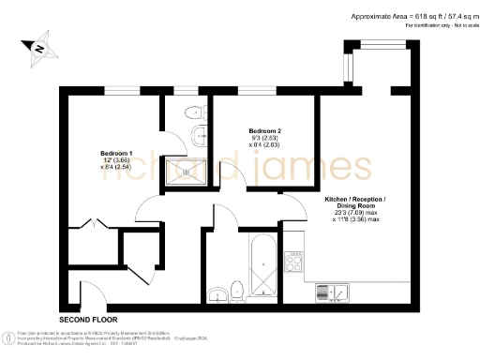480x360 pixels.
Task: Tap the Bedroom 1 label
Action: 116,153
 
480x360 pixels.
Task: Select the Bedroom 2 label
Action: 265,130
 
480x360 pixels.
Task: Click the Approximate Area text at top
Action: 412,16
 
